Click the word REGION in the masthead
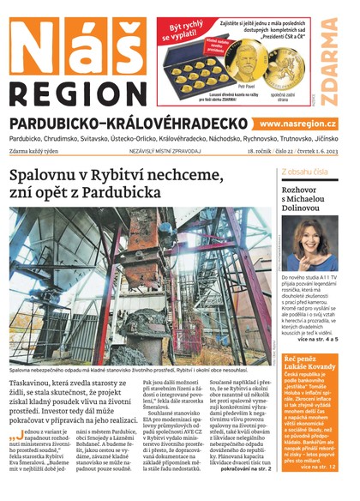pyautogui.click(x=75, y=92)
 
